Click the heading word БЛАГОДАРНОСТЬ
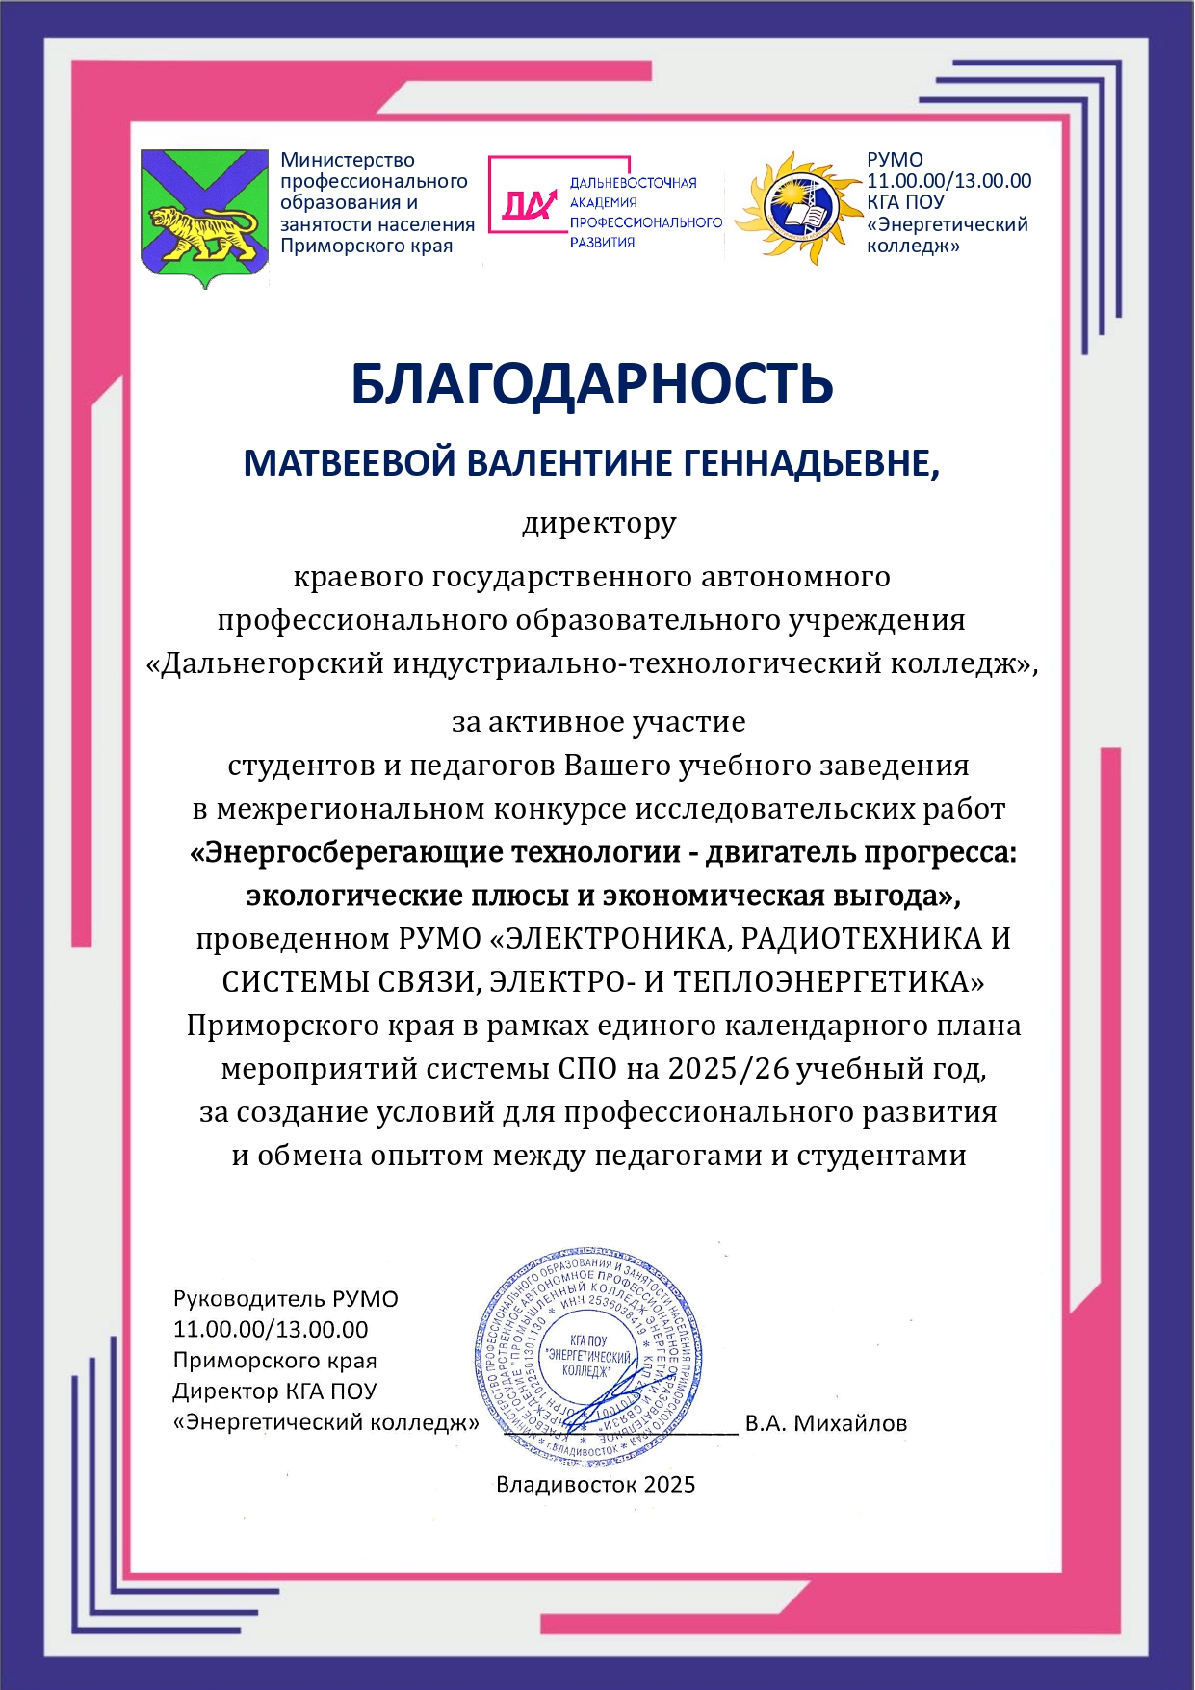click(x=591, y=384)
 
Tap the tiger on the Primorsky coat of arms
click(x=203, y=232)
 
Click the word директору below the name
click(x=599, y=525)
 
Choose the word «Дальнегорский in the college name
click(x=265, y=664)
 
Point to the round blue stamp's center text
click(x=587, y=1355)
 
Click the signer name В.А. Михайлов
click(x=825, y=1423)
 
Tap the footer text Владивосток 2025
click(x=595, y=1484)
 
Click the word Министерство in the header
click(x=348, y=160)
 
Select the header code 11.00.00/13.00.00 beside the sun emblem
click(x=948, y=181)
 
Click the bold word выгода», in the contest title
click(x=896, y=897)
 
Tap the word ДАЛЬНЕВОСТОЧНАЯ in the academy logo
click(x=633, y=183)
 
